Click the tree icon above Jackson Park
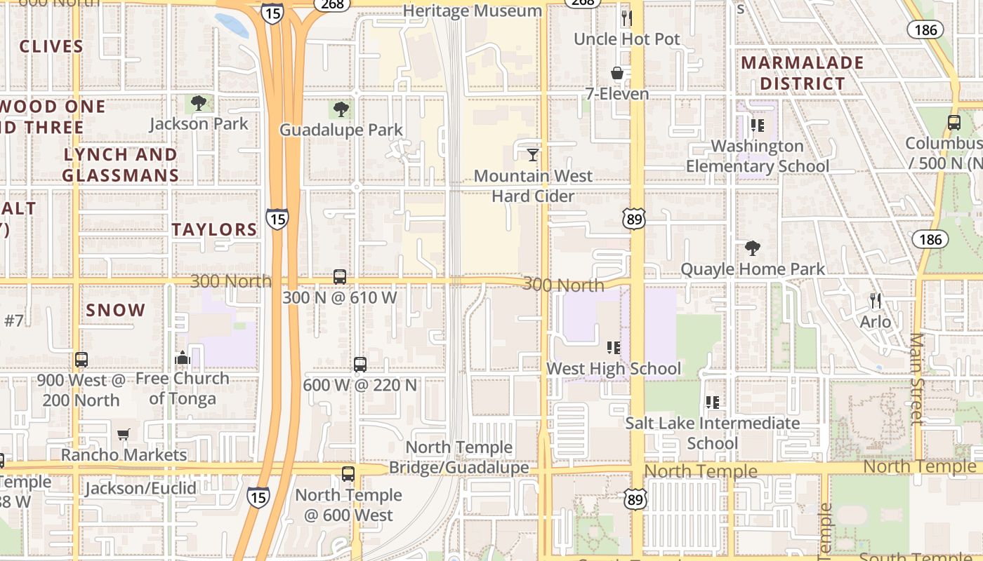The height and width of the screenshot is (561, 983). (x=199, y=104)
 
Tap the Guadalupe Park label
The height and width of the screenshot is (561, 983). (x=341, y=130)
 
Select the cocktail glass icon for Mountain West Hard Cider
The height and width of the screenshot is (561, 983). (x=533, y=154)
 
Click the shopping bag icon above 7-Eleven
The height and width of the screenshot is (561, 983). (x=617, y=73)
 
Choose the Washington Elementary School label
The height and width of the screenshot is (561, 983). (x=758, y=156)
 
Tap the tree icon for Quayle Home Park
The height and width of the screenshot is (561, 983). (x=753, y=248)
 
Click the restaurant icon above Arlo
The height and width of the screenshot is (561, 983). (x=876, y=301)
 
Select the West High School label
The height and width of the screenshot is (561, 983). (x=614, y=369)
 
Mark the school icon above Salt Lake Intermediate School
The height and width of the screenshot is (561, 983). (x=713, y=403)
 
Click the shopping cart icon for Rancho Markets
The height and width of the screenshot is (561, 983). (x=124, y=434)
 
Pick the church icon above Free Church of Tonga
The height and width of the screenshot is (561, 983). (x=183, y=358)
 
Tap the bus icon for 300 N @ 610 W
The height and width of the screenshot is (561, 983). (x=340, y=277)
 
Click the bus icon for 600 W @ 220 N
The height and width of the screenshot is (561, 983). (x=360, y=365)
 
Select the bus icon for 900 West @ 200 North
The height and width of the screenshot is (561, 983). (x=81, y=360)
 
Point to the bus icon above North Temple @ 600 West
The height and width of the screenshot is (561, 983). (x=348, y=474)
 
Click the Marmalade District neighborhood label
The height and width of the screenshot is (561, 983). (x=803, y=73)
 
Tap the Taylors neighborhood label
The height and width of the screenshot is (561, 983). (x=215, y=229)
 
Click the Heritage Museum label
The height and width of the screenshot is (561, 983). (x=473, y=11)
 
